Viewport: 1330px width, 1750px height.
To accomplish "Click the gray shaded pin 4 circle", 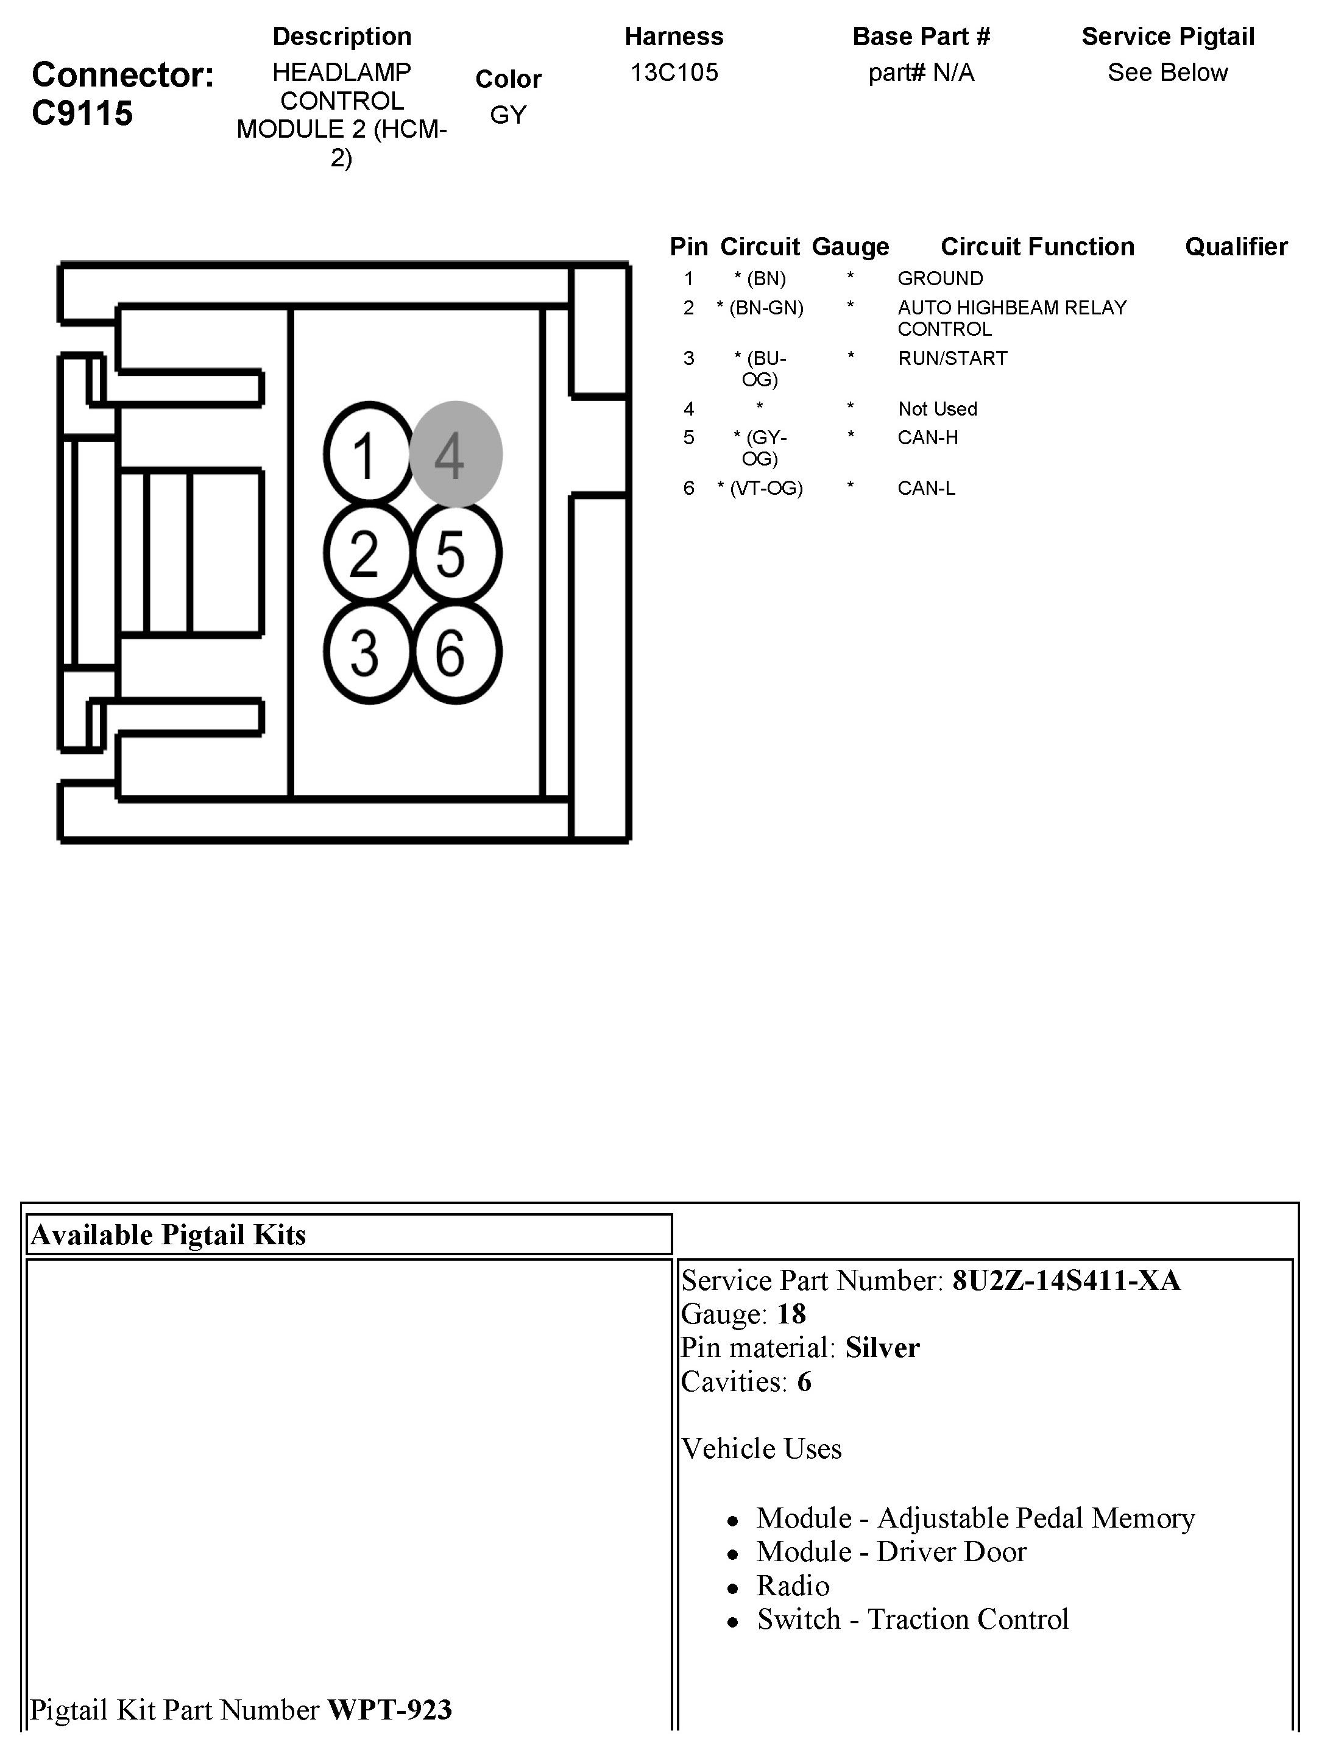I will [455, 455].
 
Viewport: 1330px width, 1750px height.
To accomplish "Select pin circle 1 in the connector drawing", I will [367, 455].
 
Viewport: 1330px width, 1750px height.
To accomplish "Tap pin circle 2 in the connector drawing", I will [367, 553].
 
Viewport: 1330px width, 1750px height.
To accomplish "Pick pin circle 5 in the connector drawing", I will [455, 553].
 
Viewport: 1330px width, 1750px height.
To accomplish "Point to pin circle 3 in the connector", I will [367, 653].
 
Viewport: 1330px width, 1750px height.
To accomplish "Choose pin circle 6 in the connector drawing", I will [455, 653].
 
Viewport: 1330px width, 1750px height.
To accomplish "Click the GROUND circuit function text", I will [939, 278].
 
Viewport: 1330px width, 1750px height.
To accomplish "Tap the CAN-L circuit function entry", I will [926, 488].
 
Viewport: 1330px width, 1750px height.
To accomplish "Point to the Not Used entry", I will [937, 409].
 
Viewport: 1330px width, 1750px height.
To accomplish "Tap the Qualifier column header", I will [1236, 246].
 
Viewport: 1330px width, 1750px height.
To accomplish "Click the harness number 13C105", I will [674, 73].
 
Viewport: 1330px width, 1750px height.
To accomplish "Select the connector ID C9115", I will [82, 113].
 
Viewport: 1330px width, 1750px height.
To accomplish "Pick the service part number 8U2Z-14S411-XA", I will [1066, 1280].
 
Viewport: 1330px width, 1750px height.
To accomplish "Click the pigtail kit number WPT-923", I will [389, 1710].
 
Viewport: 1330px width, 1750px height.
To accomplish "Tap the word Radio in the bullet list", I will [793, 1585].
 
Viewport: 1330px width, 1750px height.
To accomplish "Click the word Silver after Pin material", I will [882, 1348].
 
